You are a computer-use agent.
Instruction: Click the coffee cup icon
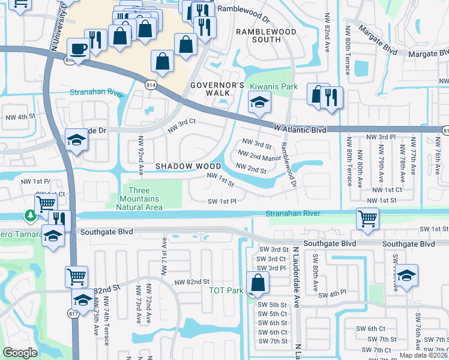79,47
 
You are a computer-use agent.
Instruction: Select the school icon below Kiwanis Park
259,105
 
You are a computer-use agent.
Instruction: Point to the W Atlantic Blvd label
300,129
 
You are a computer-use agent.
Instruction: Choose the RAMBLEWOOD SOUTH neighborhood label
259,35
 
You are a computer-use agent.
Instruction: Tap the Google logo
20,353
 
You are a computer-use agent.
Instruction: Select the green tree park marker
29,214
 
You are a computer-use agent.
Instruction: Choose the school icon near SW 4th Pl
406,276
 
